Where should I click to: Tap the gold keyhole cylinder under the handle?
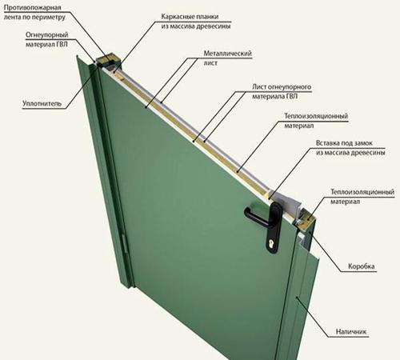272,244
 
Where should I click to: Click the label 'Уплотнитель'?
42,103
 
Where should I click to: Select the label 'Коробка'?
362,266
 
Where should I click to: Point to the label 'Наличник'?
351,332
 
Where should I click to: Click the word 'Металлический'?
227,54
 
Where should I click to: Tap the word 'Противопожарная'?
33,7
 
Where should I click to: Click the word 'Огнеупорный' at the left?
47,34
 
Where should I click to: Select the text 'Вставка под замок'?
344,143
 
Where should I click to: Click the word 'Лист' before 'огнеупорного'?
258,86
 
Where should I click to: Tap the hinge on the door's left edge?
125,244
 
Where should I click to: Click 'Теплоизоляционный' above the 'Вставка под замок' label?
316,116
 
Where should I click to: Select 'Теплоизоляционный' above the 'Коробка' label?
362,192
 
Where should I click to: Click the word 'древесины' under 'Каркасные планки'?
214,26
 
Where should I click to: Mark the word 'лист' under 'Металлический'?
210,63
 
